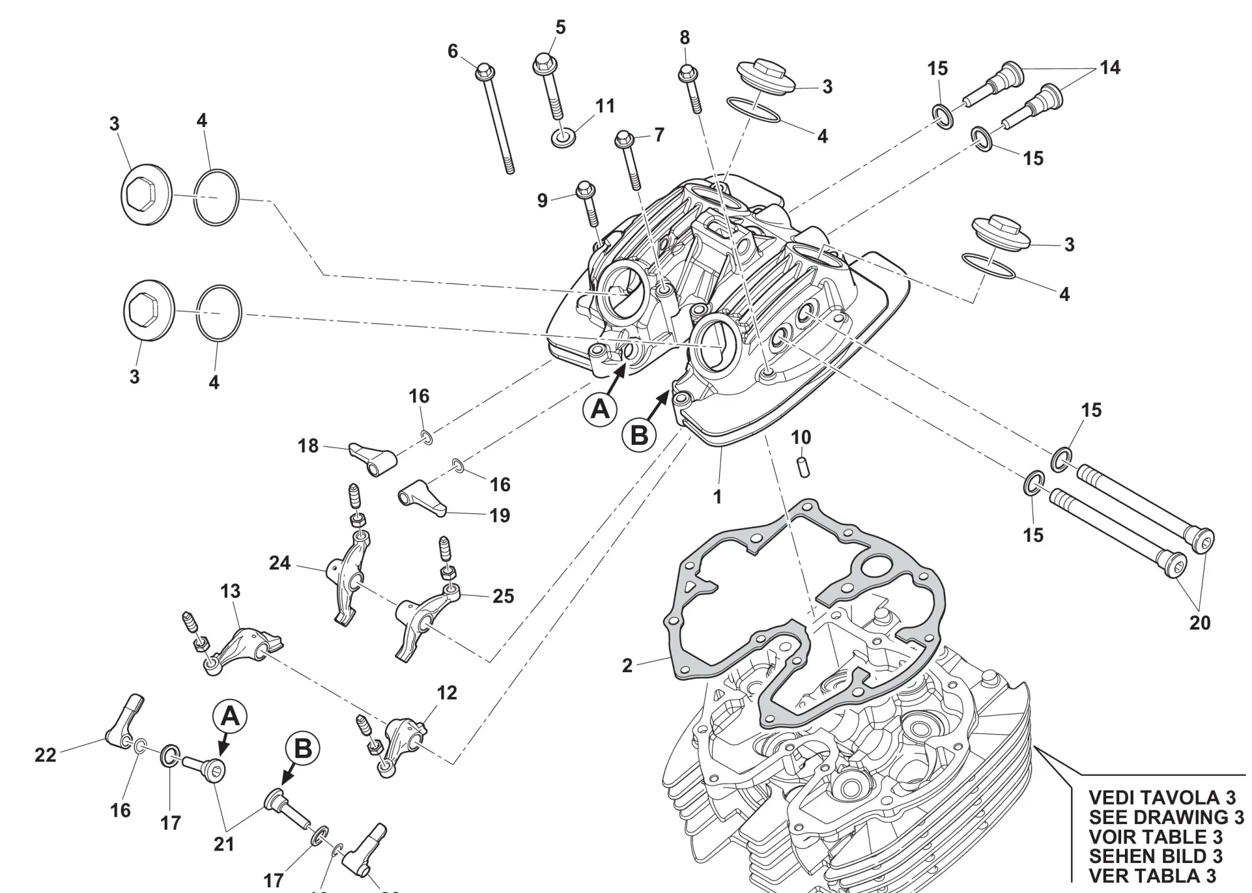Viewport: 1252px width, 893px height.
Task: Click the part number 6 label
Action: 453,51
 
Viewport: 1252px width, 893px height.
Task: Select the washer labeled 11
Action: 564,138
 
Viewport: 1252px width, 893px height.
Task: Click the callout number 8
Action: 685,38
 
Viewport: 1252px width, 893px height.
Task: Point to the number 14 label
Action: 1110,68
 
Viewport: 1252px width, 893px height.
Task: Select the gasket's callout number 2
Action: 627,666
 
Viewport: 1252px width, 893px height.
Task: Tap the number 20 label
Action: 1199,623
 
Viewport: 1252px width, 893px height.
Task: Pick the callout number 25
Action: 503,596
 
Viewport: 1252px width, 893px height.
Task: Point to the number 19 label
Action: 500,516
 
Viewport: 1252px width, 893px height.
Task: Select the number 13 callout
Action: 230,591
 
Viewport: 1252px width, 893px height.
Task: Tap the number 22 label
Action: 45,755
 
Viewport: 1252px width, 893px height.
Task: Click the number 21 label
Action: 224,844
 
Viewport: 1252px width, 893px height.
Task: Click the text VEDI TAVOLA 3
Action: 1162,797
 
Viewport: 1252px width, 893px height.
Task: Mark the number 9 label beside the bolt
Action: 542,200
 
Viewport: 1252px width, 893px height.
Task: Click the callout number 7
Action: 659,135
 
